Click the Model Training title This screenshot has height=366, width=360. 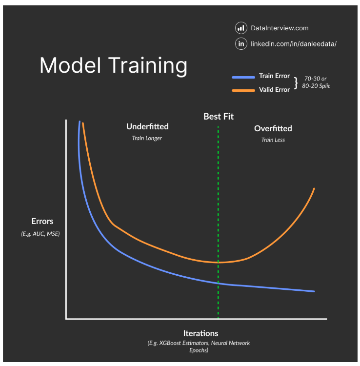[113, 65]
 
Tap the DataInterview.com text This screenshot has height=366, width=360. [280, 28]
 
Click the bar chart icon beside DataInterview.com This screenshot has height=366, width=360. [240, 28]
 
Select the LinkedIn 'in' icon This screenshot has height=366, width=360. [240, 44]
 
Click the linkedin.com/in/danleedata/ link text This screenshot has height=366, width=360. [294, 44]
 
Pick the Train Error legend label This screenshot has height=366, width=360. [274, 76]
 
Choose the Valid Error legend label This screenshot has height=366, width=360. [274, 90]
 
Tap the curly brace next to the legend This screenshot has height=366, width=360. [295, 83]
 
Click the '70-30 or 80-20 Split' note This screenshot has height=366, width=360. [316, 82]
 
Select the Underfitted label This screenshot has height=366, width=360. [147, 127]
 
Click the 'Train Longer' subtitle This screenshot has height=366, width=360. [147, 139]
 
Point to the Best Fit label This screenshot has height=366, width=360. [219, 117]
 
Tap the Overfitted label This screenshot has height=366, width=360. [273, 129]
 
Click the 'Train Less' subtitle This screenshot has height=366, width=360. [273, 140]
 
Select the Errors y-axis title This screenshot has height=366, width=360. [42, 222]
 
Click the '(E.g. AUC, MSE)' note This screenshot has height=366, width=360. [40, 234]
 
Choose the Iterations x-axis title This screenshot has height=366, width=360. [200, 333]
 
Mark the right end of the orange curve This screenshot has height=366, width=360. [314, 188]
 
